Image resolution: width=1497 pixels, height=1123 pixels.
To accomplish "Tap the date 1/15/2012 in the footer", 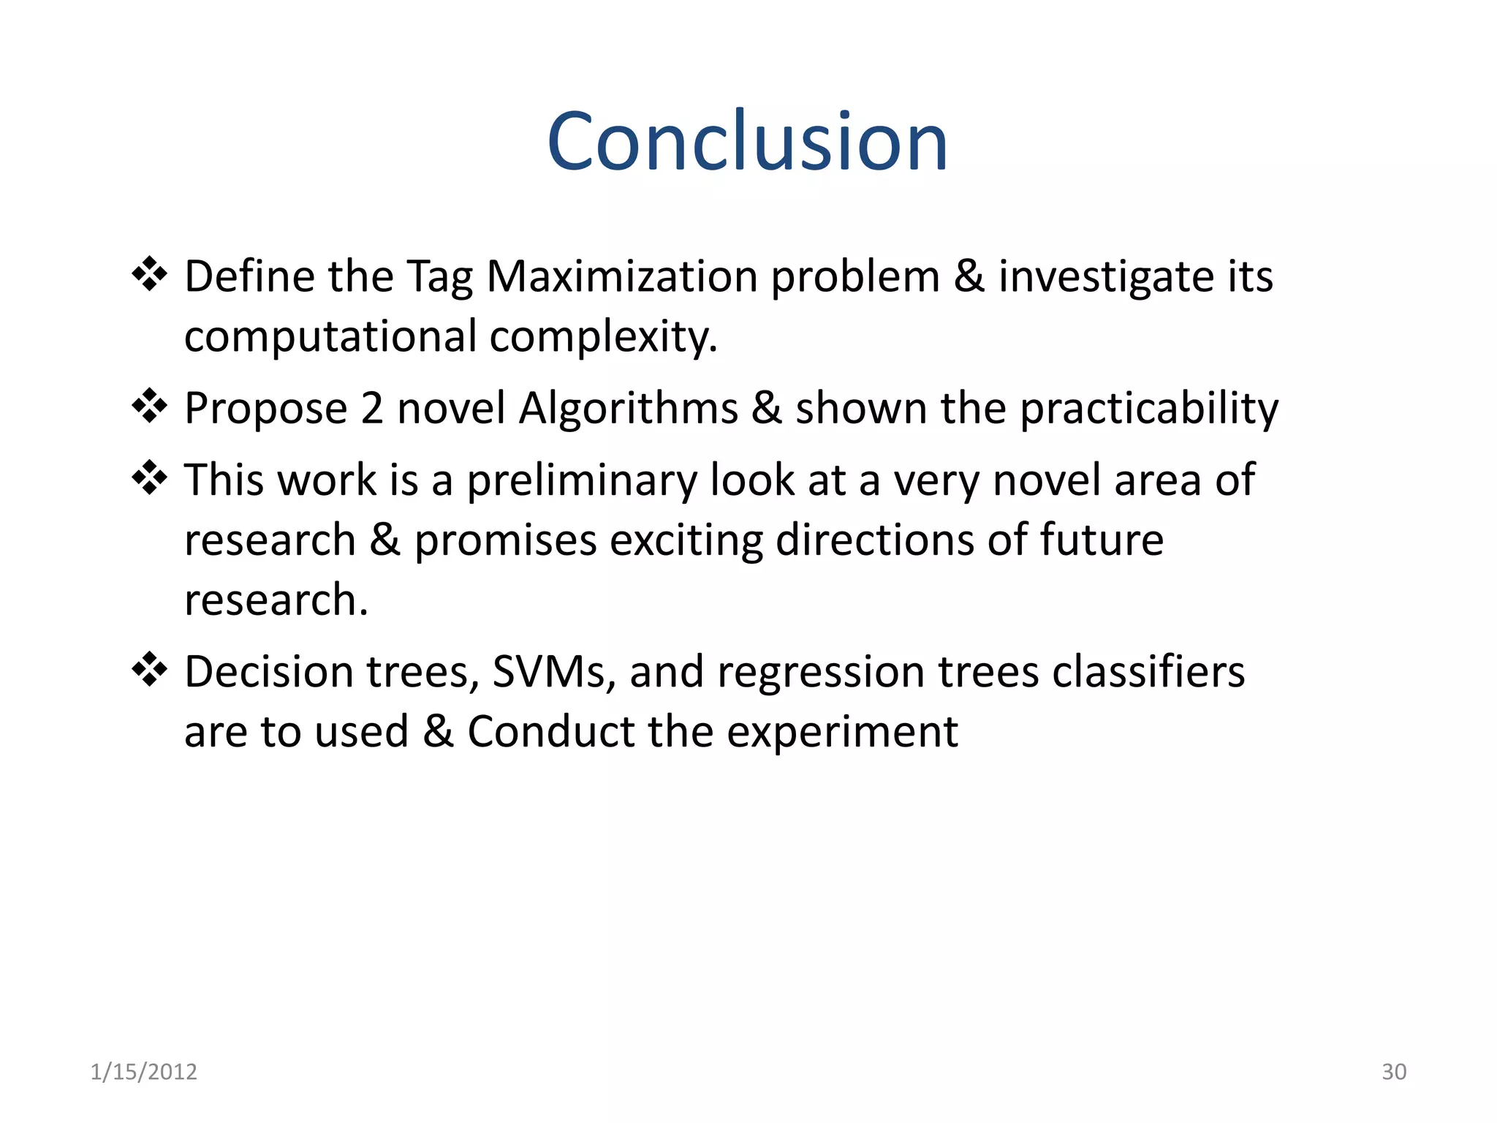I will tap(143, 1072).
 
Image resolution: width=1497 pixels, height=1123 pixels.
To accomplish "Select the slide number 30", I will tap(1393, 1072).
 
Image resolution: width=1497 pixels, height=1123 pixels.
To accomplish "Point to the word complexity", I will tap(603, 337).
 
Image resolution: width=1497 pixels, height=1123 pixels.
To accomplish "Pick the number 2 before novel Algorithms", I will tap(371, 408).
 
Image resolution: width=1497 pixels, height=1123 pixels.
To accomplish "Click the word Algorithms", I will tap(628, 408).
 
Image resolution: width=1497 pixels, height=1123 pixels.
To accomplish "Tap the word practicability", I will tap(1148, 408).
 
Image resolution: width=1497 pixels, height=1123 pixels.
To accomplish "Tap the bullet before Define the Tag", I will tap(149, 275).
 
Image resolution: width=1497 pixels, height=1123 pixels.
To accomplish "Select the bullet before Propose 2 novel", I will tap(149, 406).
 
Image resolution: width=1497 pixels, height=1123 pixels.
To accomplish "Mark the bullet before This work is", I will tap(149, 478).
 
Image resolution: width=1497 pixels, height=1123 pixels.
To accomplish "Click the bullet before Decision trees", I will tap(149, 670).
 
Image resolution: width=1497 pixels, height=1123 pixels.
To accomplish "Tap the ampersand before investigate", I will tap(969, 277).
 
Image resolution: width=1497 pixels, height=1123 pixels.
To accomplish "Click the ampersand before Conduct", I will tap(438, 732).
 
